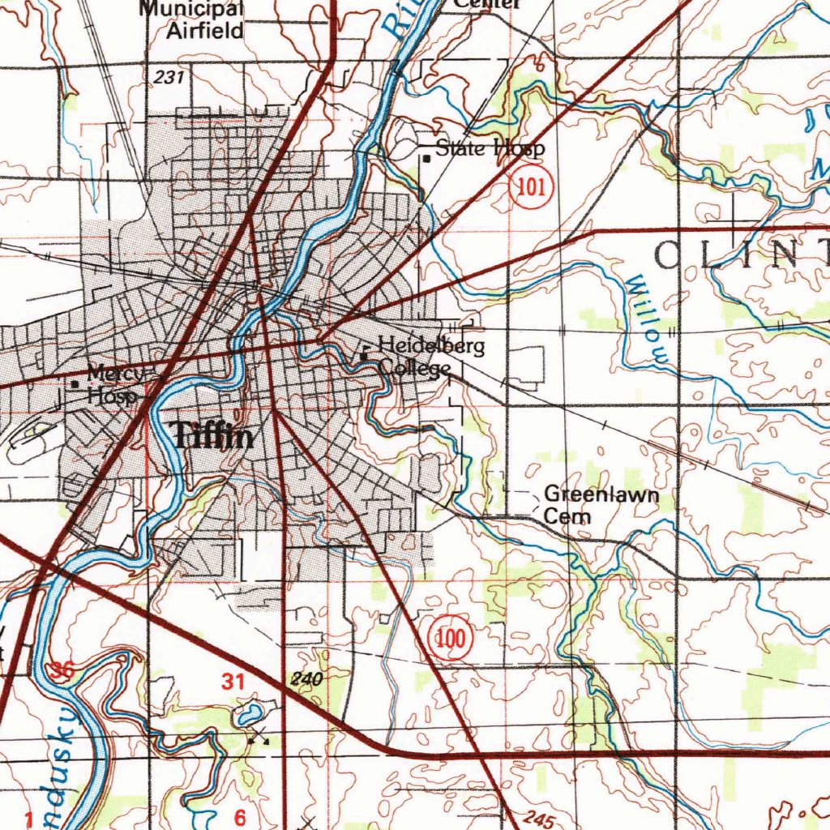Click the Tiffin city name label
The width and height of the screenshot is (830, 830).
pos(214,438)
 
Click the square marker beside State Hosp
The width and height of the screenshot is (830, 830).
pos(426,159)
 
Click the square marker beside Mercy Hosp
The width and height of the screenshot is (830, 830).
pos(75,384)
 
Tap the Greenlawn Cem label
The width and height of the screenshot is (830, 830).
pos(589,505)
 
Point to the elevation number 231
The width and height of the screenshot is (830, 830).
pos(169,77)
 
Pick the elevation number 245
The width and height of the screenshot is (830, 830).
pos(538,819)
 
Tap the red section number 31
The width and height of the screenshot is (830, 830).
pos(233,682)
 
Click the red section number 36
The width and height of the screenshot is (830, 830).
pos(61,670)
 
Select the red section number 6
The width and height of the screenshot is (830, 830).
pos(240,815)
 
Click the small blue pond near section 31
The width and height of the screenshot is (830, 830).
pos(249,714)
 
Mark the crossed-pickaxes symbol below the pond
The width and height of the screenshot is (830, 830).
pos(259,736)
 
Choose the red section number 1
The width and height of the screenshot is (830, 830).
pos(29,820)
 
